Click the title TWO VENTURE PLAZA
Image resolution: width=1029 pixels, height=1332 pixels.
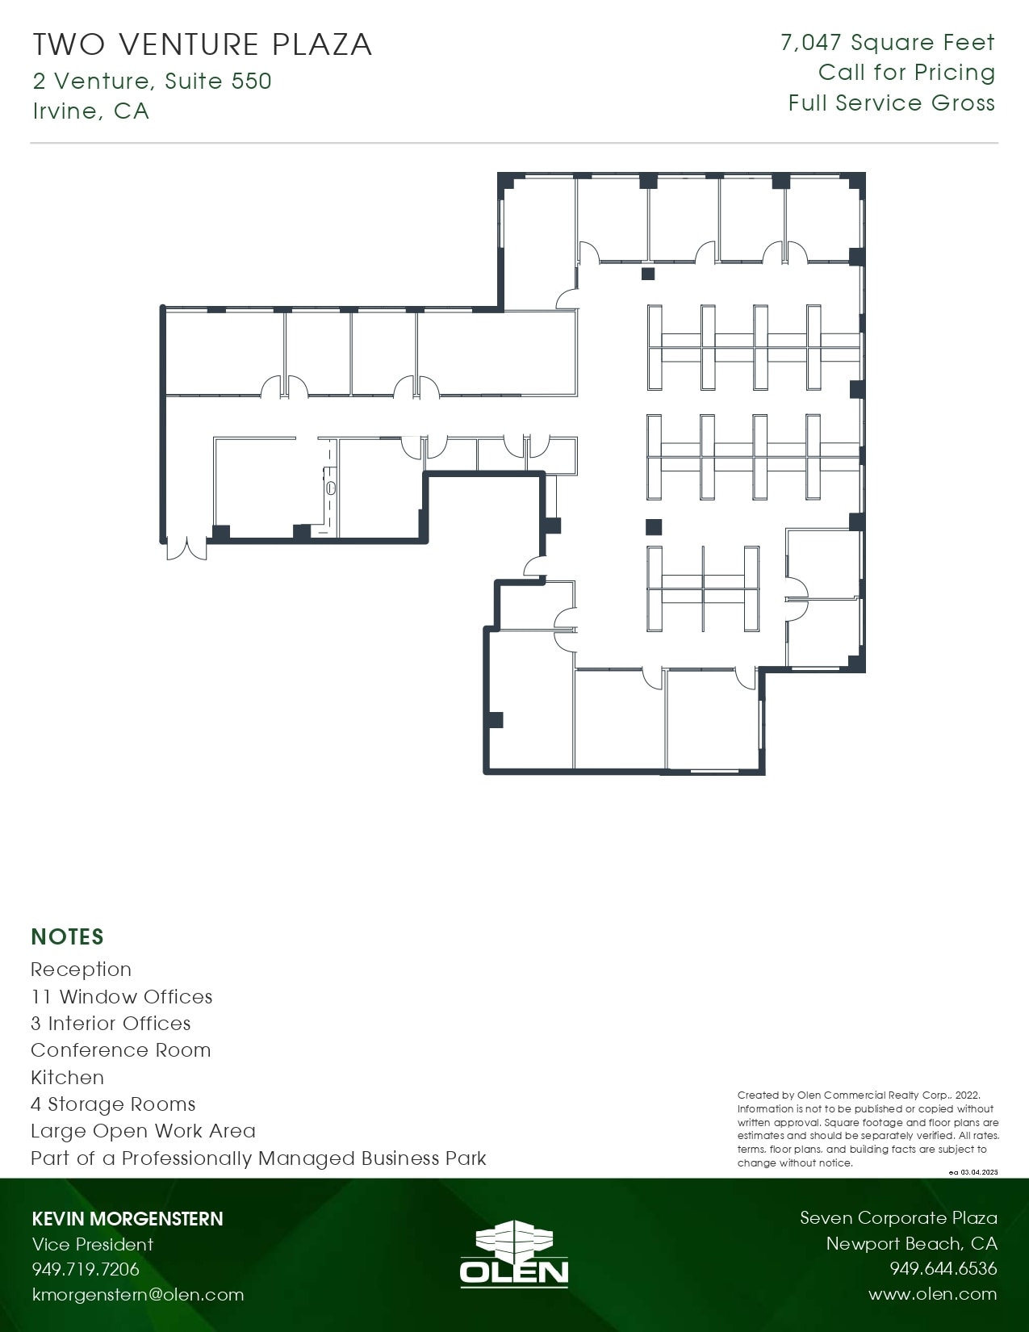(203, 44)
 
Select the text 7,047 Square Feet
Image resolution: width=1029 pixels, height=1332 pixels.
(887, 43)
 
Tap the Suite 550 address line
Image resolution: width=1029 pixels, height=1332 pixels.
(153, 81)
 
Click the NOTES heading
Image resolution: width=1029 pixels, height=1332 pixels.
(68, 936)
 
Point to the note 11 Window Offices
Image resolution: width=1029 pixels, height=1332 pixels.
(122, 997)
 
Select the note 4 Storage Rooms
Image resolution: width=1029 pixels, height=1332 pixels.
(113, 1104)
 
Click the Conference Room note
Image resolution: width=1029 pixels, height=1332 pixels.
(121, 1050)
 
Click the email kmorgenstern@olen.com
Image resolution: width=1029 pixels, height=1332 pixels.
(138, 1295)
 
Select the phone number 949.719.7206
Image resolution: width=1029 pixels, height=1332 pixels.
(86, 1269)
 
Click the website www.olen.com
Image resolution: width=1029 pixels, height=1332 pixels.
(932, 1294)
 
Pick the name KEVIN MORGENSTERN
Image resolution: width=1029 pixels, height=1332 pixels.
(128, 1219)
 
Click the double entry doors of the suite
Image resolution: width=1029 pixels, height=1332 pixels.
(186, 548)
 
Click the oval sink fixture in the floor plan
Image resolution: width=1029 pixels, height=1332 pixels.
(331, 488)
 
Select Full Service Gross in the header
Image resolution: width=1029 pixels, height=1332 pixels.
(891, 103)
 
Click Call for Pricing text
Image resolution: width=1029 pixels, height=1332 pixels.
(906, 73)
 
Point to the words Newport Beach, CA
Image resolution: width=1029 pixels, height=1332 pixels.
(911, 1243)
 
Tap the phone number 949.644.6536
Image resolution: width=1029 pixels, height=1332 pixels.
(943, 1269)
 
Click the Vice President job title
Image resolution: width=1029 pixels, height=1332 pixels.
(93, 1244)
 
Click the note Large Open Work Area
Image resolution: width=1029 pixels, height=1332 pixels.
(144, 1131)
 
